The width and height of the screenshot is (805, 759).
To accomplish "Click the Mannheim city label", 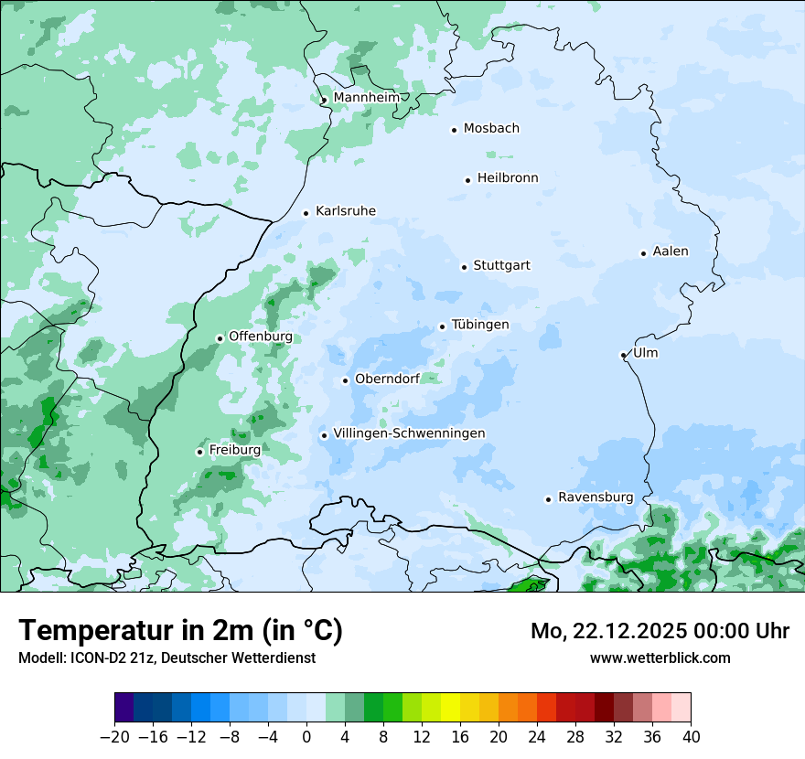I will (366, 98).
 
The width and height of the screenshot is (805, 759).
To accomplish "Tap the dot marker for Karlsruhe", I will (306, 213).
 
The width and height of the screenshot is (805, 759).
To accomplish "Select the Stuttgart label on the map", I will (501, 266).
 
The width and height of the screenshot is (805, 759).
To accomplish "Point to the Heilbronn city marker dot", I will (467, 180).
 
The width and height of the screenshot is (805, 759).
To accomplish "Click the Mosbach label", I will (491, 129).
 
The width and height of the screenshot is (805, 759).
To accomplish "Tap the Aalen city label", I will (671, 251).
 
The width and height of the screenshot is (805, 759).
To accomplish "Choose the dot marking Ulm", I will (623, 355).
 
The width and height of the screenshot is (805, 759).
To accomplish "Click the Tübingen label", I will (480, 326).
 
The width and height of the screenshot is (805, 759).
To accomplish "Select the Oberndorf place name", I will (387, 379).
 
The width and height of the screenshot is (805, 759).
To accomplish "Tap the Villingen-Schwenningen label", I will (409, 433).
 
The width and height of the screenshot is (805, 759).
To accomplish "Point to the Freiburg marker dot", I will (199, 452).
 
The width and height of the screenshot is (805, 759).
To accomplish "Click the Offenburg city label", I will (261, 337).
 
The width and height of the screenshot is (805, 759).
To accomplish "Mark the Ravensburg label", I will (596, 497).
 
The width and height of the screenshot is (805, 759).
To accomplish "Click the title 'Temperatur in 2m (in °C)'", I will (180, 631).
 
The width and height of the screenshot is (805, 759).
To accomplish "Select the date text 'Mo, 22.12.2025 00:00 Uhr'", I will (660, 631).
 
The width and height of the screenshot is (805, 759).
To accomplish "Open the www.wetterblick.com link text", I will (660, 657).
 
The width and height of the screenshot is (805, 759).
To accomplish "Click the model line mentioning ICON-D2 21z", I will (166, 657).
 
